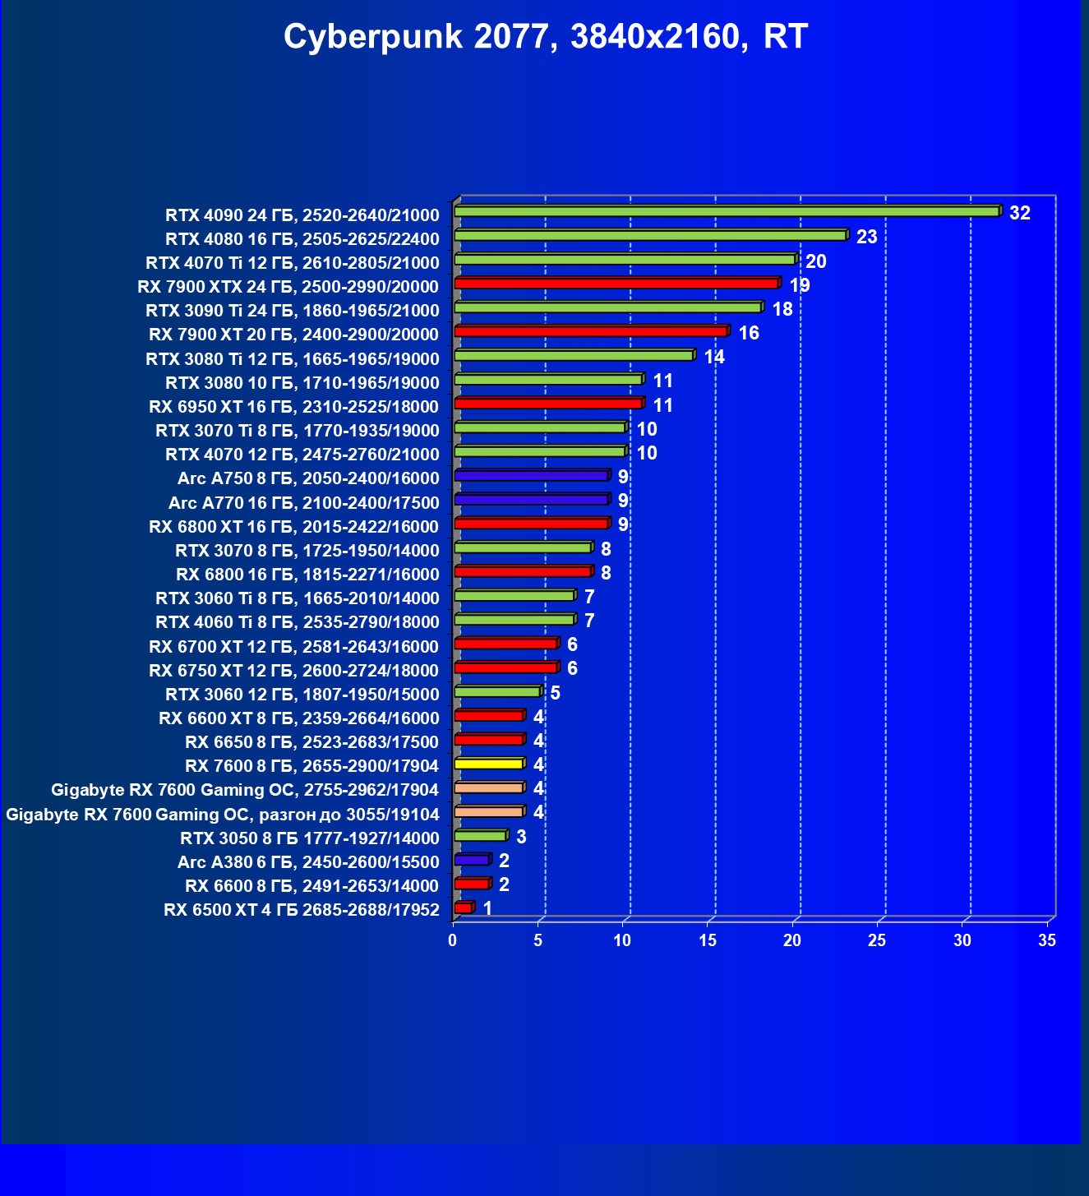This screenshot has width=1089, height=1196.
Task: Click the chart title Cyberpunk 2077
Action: pos(546,37)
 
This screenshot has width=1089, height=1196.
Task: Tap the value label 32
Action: pos(1020,213)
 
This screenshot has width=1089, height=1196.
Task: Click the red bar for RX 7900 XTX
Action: pos(616,284)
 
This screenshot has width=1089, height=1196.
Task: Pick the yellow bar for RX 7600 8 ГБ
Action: pos(488,764)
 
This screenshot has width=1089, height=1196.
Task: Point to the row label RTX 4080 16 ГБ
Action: pos(302,239)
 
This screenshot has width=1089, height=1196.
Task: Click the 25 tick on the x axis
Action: pos(877,940)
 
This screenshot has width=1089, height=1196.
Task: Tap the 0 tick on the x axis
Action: pos(453,940)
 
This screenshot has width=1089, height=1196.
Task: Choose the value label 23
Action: pos(867,237)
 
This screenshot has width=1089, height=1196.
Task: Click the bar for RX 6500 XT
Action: pos(463,908)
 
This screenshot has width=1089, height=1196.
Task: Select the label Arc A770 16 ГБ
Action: pos(303,503)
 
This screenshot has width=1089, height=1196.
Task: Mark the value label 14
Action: pos(714,357)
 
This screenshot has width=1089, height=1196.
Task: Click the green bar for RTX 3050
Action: pos(480,836)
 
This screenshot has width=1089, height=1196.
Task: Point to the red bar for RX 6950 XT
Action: pos(547,404)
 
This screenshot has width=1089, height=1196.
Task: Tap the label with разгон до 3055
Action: pos(222,815)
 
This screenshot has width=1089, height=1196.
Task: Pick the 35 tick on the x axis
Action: pos(1047,940)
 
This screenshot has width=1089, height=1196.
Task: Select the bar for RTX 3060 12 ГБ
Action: pos(496,692)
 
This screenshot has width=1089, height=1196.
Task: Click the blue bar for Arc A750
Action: pos(531,476)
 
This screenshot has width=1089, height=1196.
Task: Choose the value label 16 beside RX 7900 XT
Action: pos(749,333)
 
